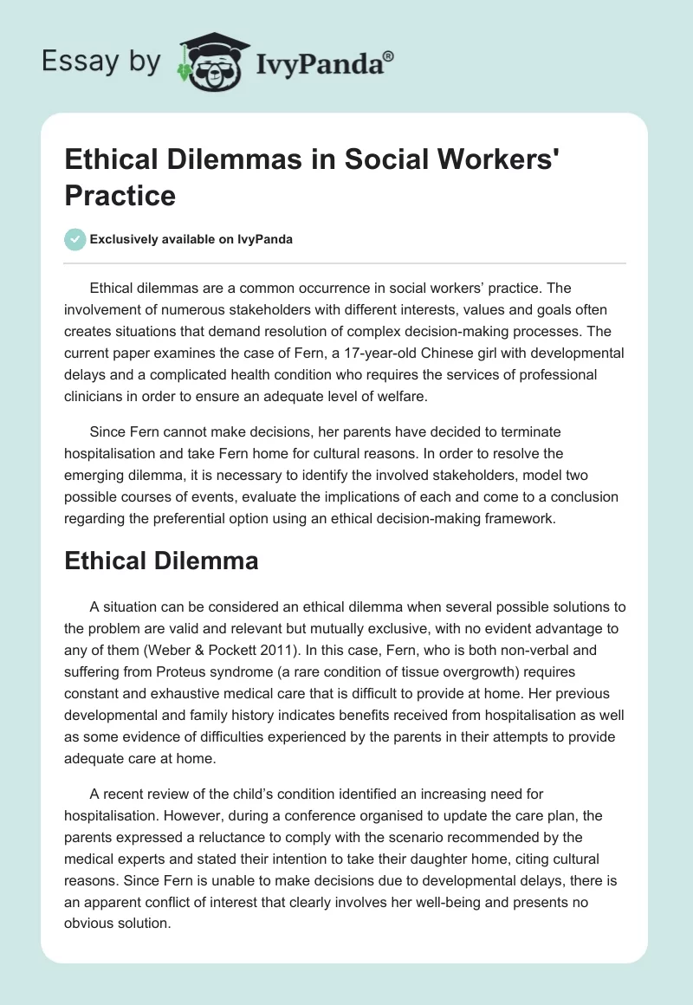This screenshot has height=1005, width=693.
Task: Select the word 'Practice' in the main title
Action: [120, 195]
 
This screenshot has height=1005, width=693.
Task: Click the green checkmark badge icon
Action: [75, 240]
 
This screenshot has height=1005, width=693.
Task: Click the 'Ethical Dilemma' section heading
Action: [161, 561]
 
